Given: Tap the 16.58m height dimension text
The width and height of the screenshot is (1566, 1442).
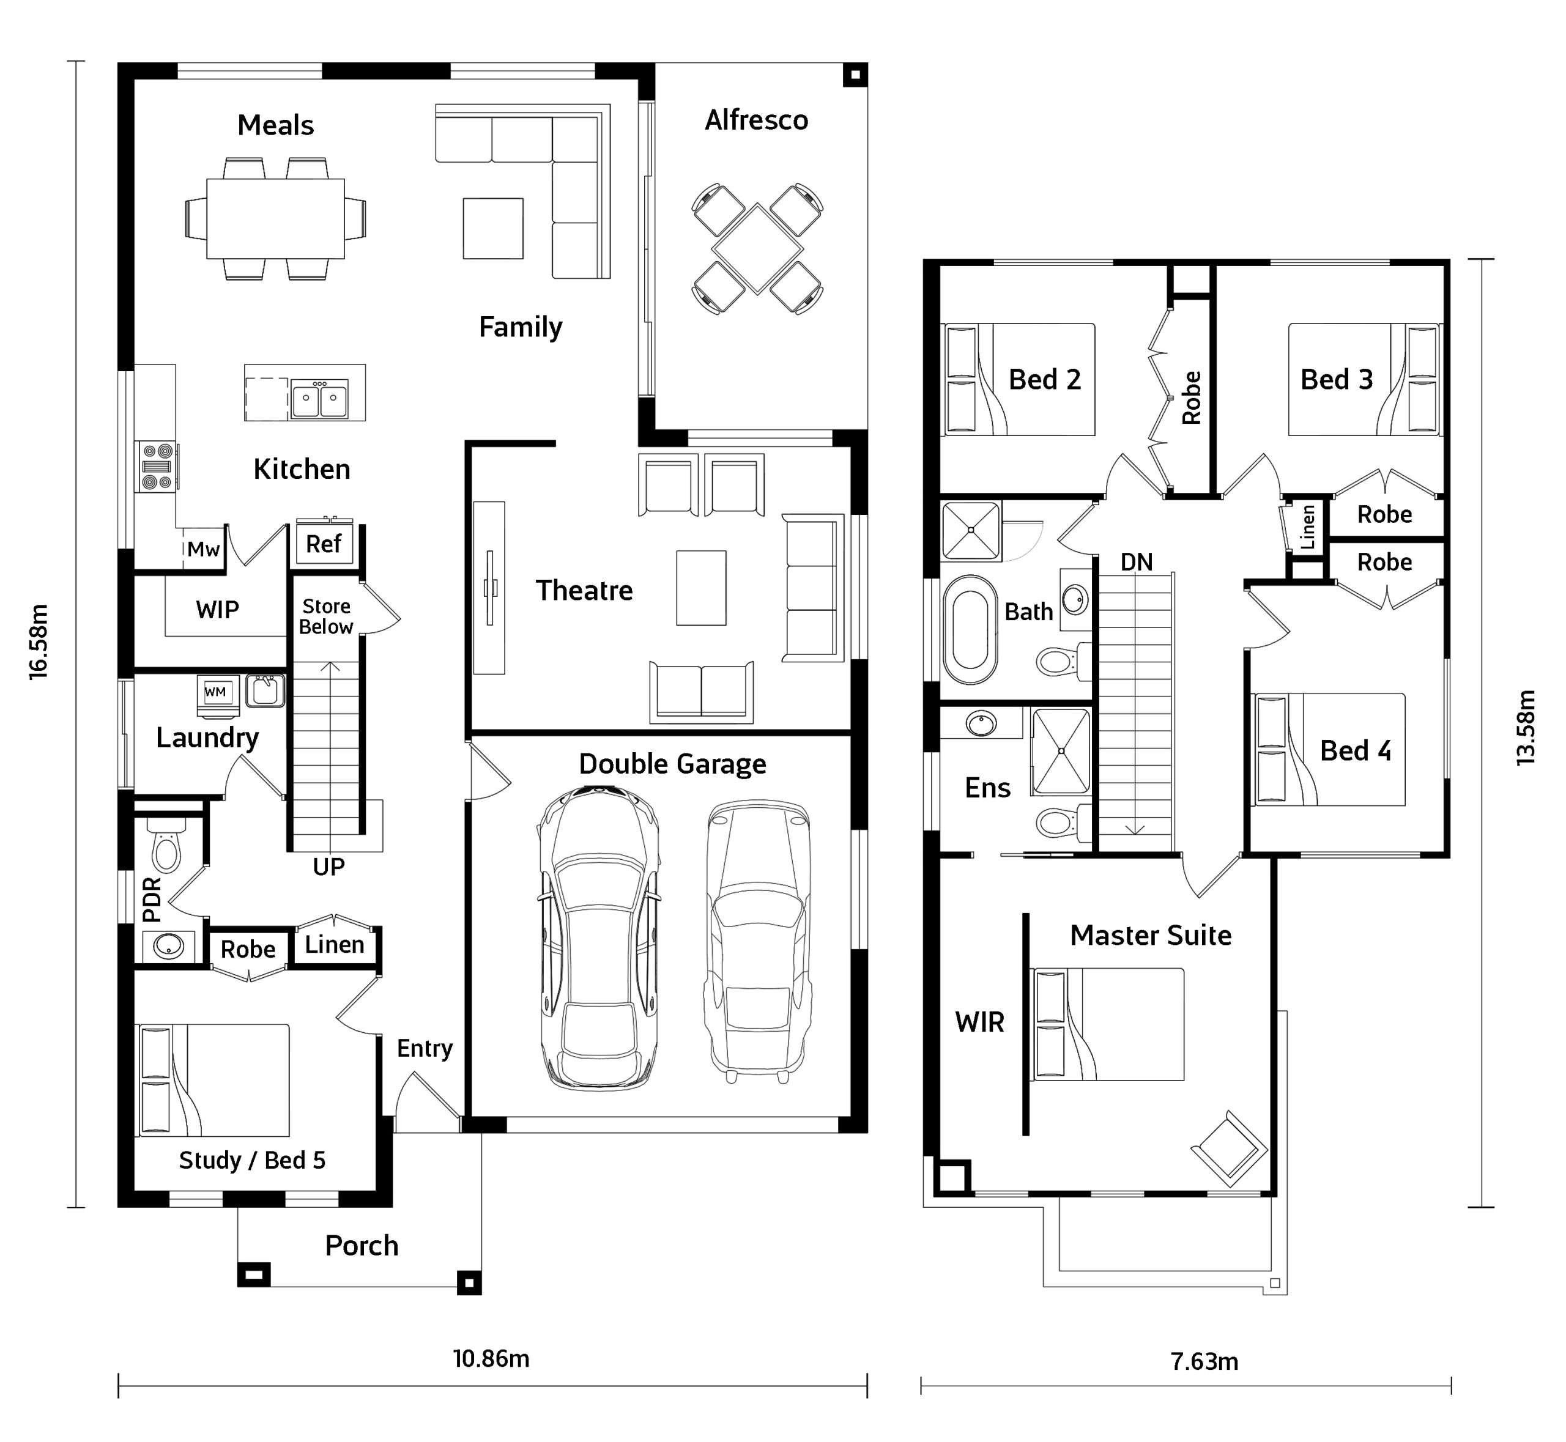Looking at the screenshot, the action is tap(39, 642).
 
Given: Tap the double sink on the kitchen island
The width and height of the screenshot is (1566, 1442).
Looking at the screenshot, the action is tap(319, 399).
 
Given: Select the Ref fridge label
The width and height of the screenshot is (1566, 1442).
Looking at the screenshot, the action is tap(323, 544).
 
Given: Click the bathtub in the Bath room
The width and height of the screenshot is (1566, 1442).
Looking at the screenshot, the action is tap(970, 630).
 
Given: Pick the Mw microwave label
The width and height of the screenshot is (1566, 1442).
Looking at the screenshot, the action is tap(203, 549).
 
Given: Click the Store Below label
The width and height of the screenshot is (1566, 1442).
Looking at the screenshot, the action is tap(326, 616).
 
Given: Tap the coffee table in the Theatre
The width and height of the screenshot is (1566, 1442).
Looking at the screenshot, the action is tap(701, 588).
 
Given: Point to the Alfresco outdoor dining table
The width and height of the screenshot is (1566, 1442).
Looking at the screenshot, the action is tap(757, 248).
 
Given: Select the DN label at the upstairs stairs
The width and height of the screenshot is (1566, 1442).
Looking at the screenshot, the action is tap(1136, 562).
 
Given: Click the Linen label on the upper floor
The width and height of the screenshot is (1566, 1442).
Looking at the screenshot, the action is tap(1308, 526).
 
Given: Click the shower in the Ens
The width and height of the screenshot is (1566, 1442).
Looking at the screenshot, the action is tap(1060, 750).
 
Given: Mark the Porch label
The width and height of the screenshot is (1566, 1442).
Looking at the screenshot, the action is tap(362, 1246).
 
